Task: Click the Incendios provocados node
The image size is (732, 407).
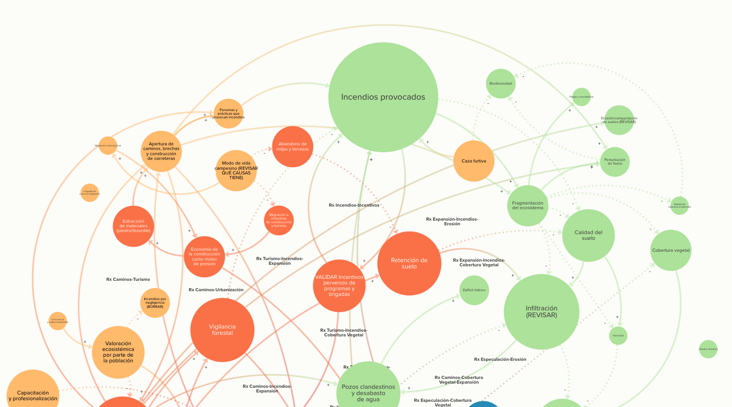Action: (383, 97)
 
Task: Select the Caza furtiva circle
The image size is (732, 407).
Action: (474, 161)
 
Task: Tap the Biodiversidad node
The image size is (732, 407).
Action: (501, 84)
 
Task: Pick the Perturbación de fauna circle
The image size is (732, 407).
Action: (615, 161)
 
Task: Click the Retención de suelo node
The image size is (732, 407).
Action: (409, 263)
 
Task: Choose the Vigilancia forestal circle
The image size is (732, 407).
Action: (222, 330)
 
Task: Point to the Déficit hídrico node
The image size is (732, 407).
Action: (474, 290)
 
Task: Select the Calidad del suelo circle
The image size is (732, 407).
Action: (588, 235)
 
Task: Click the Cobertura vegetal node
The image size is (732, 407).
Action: (671, 250)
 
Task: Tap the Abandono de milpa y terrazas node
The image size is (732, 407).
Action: (293, 146)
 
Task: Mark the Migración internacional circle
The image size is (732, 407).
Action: (108, 146)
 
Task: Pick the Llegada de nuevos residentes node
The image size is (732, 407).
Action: (90, 193)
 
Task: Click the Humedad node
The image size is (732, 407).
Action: (618, 335)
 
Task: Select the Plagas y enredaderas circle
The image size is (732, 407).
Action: (581, 97)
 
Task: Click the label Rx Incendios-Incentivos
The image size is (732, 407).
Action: (354, 205)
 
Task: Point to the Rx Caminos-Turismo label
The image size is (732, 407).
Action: (128, 279)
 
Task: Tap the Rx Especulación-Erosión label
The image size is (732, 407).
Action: (500, 359)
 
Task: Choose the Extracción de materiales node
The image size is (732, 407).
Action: (133, 226)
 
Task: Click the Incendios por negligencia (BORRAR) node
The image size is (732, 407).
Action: (155, 303)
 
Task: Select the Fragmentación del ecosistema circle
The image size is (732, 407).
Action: (528, 206)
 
